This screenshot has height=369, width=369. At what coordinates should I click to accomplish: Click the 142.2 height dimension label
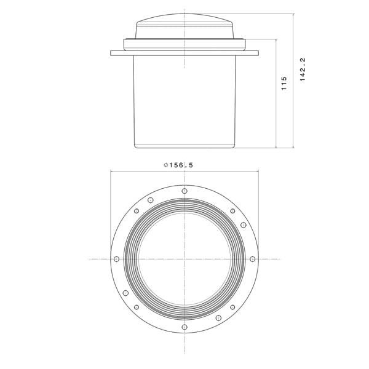303,69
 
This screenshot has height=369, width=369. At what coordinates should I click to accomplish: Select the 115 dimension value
284,83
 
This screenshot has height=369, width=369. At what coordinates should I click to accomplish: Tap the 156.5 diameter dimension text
181,165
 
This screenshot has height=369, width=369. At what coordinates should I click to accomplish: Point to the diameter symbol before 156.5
166,165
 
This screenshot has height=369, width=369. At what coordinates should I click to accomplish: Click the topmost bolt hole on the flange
184,191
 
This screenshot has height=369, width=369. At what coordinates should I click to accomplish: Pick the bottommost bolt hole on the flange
184,327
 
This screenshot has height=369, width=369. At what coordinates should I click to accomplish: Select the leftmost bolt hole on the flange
116,259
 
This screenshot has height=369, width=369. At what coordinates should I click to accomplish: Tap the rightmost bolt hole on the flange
253,259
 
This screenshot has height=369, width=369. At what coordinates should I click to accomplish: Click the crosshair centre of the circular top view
184,259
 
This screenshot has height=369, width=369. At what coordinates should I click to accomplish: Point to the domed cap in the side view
184,26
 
